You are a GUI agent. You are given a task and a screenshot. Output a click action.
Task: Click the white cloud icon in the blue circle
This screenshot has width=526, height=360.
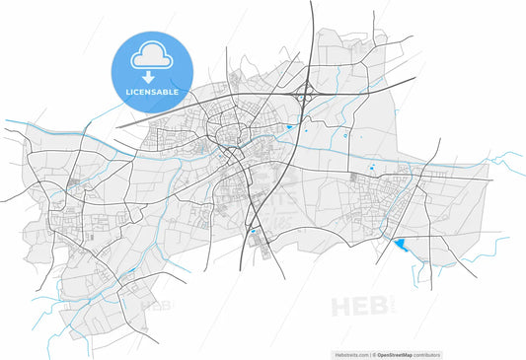[x=152, y=54]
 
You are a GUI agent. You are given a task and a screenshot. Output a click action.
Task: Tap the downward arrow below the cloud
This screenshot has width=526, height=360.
[x=152, y=76]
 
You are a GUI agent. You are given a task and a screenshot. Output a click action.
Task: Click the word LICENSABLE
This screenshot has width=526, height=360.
[x=152, y=92]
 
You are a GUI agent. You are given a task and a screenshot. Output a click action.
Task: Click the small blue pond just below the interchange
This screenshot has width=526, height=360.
[x=289, y=127]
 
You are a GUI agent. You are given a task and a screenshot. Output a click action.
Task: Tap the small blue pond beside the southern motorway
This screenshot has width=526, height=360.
[x=254, y=233]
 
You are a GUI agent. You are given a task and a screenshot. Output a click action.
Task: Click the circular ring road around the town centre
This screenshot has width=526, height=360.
[x=231, y=132]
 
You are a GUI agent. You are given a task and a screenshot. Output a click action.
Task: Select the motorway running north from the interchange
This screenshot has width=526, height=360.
[x=312, y=39]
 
